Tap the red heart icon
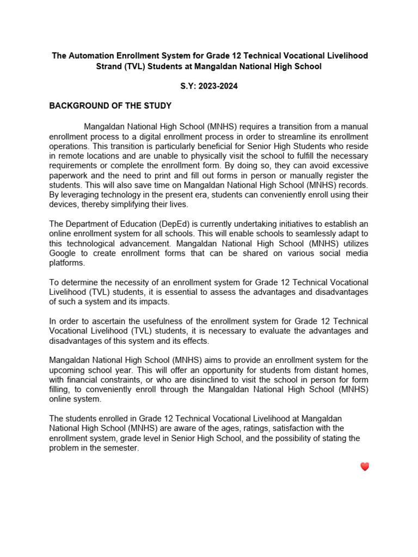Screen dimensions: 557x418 click(x=365, y=467)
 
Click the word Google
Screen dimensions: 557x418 click(x=62, y=253)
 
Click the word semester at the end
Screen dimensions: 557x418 click(x=120, y=448)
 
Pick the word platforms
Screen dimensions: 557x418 click(x=67, y=263)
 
